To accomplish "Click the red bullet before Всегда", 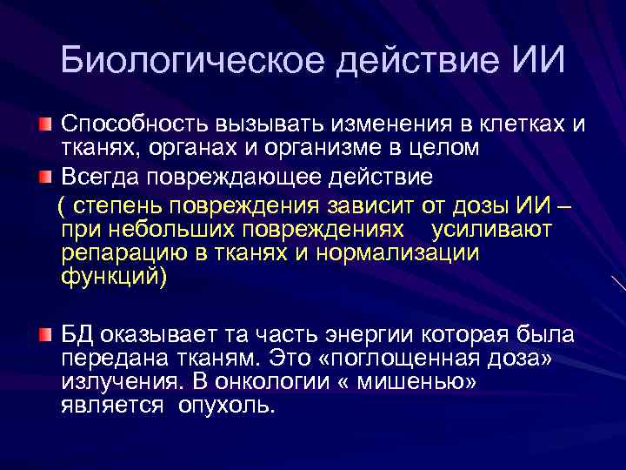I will tap(45, 178).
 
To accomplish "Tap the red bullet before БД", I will tap(45, 335).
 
